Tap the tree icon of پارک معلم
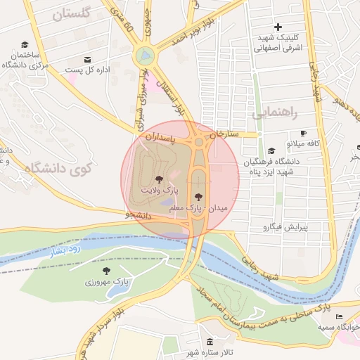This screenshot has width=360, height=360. point(198,196)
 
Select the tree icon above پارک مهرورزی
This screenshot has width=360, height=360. point(106,271)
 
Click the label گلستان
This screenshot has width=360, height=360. point(73,13)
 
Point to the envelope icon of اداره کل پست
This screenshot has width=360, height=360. point(87,60)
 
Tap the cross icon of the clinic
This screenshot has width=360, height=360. point(278,26)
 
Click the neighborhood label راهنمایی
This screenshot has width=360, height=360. point(276,112)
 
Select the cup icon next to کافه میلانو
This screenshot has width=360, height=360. point(303,133)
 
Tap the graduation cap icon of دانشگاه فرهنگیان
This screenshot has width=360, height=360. point(271,150)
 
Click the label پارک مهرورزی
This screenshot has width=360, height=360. point(105,282)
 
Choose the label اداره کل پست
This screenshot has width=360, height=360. point(86,70)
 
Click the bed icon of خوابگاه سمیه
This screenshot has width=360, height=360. point(340,317)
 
